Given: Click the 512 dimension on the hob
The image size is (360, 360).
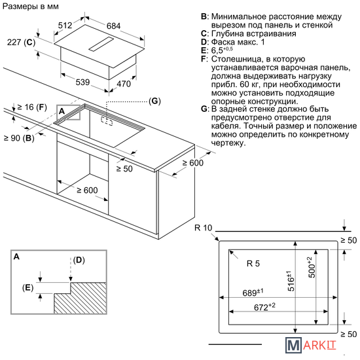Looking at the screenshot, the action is (65, 26).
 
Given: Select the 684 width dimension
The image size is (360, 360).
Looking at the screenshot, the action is (113, 26).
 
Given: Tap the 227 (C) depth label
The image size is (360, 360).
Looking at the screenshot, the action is (21, 43).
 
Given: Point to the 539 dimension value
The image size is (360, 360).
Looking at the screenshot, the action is (82, 82).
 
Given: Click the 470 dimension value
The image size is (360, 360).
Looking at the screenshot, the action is (124, 84).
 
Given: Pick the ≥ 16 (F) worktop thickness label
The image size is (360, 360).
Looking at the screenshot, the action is (32, 107).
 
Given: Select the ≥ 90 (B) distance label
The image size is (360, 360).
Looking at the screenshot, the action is (19, 138).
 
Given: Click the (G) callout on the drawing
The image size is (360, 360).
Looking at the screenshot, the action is (154, 101).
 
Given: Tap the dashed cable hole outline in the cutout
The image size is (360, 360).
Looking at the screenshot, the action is (107, 121).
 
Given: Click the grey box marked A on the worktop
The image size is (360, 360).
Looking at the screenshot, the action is (69, 113).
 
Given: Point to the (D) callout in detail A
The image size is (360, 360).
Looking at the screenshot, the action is (79, 260).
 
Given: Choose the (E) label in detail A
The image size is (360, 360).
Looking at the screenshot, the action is (27, 288).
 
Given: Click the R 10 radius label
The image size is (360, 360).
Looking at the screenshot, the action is (203, 228).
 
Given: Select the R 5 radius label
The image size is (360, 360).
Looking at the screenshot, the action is (253, 264).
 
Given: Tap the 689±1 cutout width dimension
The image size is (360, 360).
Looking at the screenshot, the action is (253, 293).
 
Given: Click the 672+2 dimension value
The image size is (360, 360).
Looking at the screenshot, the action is (264, 306).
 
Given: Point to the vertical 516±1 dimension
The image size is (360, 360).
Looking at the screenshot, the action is (290, 281).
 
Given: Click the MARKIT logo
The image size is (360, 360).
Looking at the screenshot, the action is (311, 345).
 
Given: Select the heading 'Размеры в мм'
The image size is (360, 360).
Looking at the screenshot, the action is (31, 7).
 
